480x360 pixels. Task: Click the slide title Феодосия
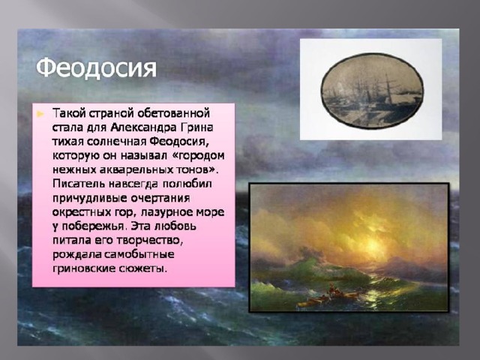tap(96, 68)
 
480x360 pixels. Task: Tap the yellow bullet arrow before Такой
tap(40, 115)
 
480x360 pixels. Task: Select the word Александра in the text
tap(143, 127)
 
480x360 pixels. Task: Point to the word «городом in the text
tap(199, 156)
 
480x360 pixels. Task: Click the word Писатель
tap(79, 184)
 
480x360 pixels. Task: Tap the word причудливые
tap(90, 198)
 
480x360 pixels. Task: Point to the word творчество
tap(150, 241)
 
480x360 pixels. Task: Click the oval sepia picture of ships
tap(372, 91)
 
